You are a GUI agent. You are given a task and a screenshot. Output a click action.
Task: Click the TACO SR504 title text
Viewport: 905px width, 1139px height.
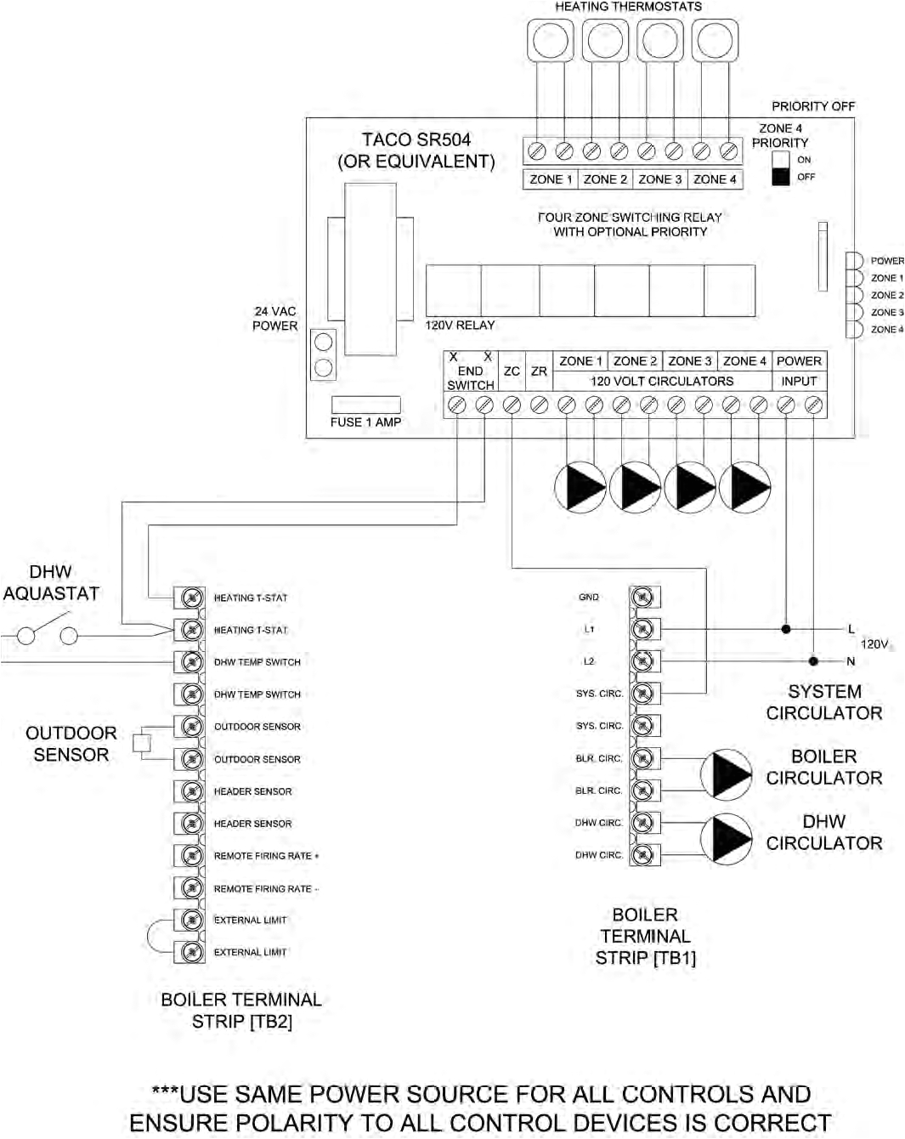tap(416, 140)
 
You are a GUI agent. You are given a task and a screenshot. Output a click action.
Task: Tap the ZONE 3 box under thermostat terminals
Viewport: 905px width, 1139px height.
tap(660, 179)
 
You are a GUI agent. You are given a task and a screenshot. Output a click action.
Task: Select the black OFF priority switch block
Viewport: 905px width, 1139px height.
tap(780, 177)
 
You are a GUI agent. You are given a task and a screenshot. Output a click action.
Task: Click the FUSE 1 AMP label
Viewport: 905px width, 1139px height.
tap(365, 422)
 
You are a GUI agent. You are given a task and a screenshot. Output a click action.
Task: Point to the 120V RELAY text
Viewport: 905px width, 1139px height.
tap(460, 326)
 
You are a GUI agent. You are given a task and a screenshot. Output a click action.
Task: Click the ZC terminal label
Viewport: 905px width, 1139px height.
tap(512, 371)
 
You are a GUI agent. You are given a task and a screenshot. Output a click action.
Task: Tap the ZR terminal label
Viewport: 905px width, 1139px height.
tap(539, 371)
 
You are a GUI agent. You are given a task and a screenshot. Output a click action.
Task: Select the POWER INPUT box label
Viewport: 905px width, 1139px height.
tap(799, 371)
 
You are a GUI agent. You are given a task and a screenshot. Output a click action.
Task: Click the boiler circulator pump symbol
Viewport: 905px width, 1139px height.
tap(727, 774)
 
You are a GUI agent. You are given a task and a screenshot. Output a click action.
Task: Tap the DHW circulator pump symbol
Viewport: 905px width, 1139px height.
tap(727, 839)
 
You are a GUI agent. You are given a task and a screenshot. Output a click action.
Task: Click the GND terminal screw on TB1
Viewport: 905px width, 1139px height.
tap(643, 598)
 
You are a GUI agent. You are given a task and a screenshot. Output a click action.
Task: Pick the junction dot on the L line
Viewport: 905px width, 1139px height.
tap(786, 629)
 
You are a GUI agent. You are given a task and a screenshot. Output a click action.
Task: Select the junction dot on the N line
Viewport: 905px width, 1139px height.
tap(813, 661)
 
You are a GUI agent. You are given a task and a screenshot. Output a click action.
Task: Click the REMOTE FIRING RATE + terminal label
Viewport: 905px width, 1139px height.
tap(265, 856)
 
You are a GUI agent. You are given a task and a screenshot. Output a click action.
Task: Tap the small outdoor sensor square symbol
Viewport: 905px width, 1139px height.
tap(142, 742)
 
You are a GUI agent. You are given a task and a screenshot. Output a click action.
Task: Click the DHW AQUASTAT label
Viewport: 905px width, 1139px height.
tap(51, 583)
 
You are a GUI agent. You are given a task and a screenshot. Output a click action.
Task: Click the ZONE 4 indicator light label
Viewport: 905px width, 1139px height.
tap(886, 330)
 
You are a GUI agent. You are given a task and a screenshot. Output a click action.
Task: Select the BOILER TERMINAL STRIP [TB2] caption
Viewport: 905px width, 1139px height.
tap(241, 1011)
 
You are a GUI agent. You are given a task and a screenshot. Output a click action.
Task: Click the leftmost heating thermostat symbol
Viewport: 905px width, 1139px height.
tap(550, 40)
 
